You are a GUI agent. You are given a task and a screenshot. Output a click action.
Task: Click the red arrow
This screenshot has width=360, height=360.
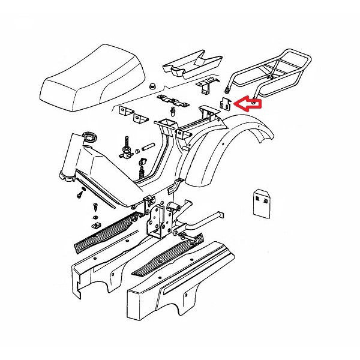(249, 103)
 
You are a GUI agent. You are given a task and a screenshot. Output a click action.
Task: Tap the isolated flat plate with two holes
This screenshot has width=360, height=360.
(261, 203)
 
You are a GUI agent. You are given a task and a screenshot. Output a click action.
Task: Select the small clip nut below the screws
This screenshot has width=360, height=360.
(95, 225)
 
